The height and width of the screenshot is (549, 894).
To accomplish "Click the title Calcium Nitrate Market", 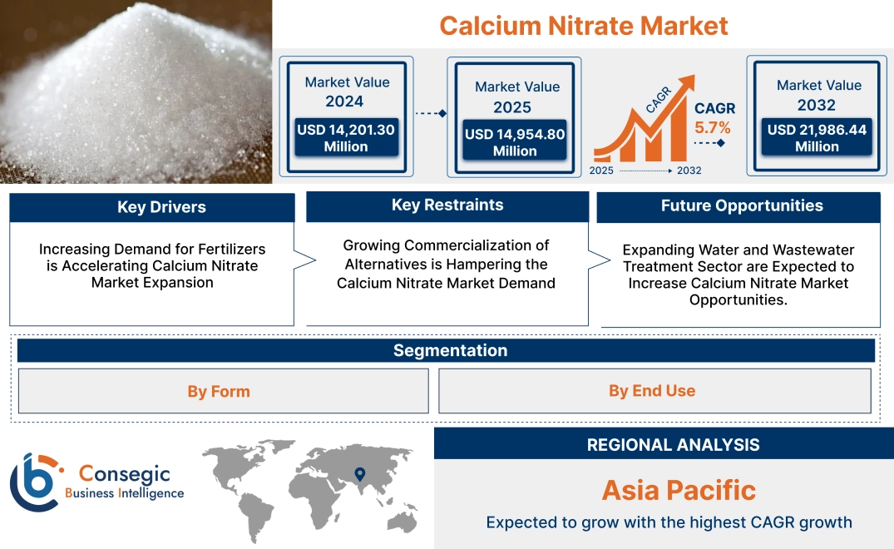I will (x=583, y=26).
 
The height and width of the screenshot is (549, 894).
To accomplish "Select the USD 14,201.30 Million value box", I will (x=346, y=137).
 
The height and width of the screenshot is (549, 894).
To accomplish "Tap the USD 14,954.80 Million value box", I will (x=515, y=142).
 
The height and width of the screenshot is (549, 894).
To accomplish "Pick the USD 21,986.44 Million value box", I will (x=817, y=137).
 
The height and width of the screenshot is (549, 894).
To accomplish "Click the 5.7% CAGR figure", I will (x=713, y=127).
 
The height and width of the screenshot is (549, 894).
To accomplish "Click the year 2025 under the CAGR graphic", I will (x=603, y=171).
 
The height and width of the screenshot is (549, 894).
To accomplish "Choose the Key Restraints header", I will (x=447, y=205).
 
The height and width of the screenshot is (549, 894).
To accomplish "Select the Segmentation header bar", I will (x=450, y=350).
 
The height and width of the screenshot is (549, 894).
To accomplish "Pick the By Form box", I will (x=219, y=391).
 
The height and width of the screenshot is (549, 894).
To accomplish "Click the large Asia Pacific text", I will (x=679, y=490).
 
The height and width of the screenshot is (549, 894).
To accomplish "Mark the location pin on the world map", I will (x=359, y=474).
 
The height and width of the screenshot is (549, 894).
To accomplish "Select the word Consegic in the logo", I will (x=124, y=474).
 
